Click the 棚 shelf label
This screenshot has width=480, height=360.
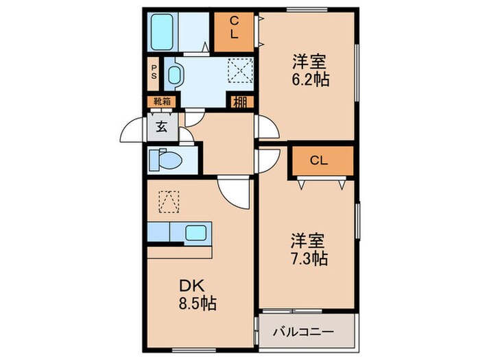click(239, 103)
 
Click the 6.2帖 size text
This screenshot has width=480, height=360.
click(310, 79)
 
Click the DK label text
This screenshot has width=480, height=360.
click(190, 285)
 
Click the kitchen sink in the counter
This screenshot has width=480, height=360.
click(199, 233)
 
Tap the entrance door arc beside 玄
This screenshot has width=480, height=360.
click(133, 130)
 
